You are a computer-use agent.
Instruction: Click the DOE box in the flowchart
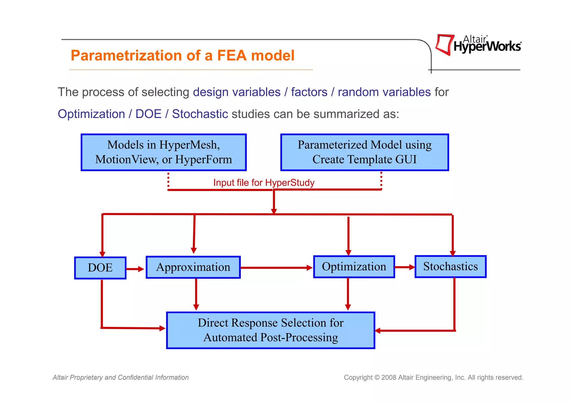(x=100, y=268)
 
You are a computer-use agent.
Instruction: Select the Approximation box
(x=193, y=267)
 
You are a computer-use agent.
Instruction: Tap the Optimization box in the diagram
(x=354, y=267)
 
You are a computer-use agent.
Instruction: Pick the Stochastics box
(x=450, y=266)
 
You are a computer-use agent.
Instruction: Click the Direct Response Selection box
(x=271, y=330)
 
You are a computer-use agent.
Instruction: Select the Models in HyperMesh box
(x=164, y=152)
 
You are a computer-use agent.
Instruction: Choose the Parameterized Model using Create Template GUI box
(x=365, y=152)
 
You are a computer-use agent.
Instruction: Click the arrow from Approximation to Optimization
(x=276, y=268)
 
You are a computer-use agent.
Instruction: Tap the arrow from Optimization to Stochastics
(x=405, y=267)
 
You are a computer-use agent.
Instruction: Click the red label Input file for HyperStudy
(x=264, y=183)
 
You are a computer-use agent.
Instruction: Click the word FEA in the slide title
(x=232, y=55)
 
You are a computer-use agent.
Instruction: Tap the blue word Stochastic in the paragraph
(x=200, y=114)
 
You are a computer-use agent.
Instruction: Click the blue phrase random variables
(x=384, y=92)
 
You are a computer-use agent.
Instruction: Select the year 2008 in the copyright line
(x=389, y=377)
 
